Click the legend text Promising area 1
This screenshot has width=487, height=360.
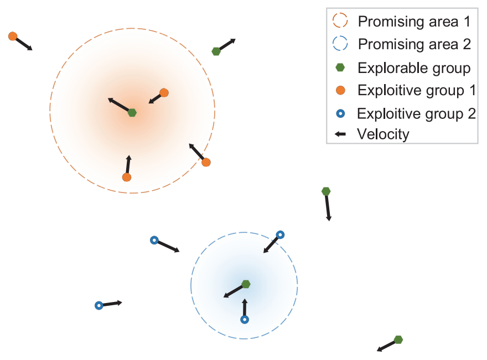[414, 22]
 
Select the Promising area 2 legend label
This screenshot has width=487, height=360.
[414, 44]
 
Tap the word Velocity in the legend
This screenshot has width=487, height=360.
[383, 134]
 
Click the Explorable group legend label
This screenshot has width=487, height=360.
[414, 68]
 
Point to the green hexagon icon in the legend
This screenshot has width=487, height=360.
[340, 67]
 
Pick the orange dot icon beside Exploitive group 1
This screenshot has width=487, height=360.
[340, 90]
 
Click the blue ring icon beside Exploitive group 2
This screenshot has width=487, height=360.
[340, 113]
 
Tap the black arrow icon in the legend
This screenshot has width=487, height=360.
[340, 134]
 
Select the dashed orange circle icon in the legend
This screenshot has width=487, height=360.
[340, 22]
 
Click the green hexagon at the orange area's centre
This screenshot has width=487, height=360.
[132, 113]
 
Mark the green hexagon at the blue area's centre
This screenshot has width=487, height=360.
[246, 284]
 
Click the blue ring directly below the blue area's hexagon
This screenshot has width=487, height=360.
[245, 320]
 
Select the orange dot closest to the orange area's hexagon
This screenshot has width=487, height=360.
[164, 92]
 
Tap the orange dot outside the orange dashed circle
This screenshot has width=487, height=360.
[13, 36]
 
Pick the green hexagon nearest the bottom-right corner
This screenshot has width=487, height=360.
[398, 340]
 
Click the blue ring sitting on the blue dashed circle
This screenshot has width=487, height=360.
[280, 234]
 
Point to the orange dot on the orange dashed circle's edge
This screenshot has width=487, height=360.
[206, 162]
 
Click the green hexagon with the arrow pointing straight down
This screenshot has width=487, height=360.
[326, 191]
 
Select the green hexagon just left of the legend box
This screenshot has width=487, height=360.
[216, 51]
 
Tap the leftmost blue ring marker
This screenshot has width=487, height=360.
[99, 305]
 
